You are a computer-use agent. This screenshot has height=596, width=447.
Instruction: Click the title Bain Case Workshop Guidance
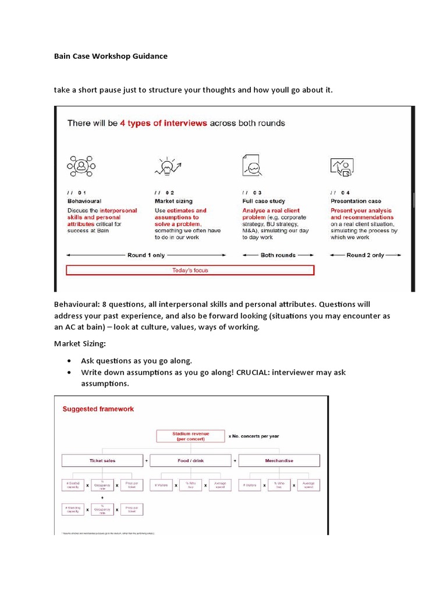pyautogui.click(x=111, y=56)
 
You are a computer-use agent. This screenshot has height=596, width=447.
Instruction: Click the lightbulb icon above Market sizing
pyautogui.click(x=166, y=166)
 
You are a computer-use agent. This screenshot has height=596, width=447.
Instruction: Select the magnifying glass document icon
pyautogui.click(x=251, y=165)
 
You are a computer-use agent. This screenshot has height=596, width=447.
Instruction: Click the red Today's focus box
pyautogui.click(x=190, y=270)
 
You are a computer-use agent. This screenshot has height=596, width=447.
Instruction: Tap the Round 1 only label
pyautogui.click(x=146, y=255)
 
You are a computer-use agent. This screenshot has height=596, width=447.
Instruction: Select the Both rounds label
pyautogui.click(x=278, y=255)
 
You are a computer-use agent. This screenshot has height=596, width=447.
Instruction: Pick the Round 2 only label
pyautogui.click(x=365, y=255)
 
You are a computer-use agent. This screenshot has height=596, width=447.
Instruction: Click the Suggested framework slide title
pyautogui.click(x=98, y=409)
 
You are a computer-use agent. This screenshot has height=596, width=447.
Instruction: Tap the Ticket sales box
pyautogui.click(x=102, y=460)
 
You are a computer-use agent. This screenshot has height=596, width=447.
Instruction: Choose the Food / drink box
pyautogui.click(x=191, y=460)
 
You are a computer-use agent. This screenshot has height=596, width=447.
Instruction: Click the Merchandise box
pyautogui.click(x=279, y=460)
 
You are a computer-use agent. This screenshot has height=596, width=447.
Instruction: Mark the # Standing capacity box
pyautogui.click(x=73, y=510)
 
